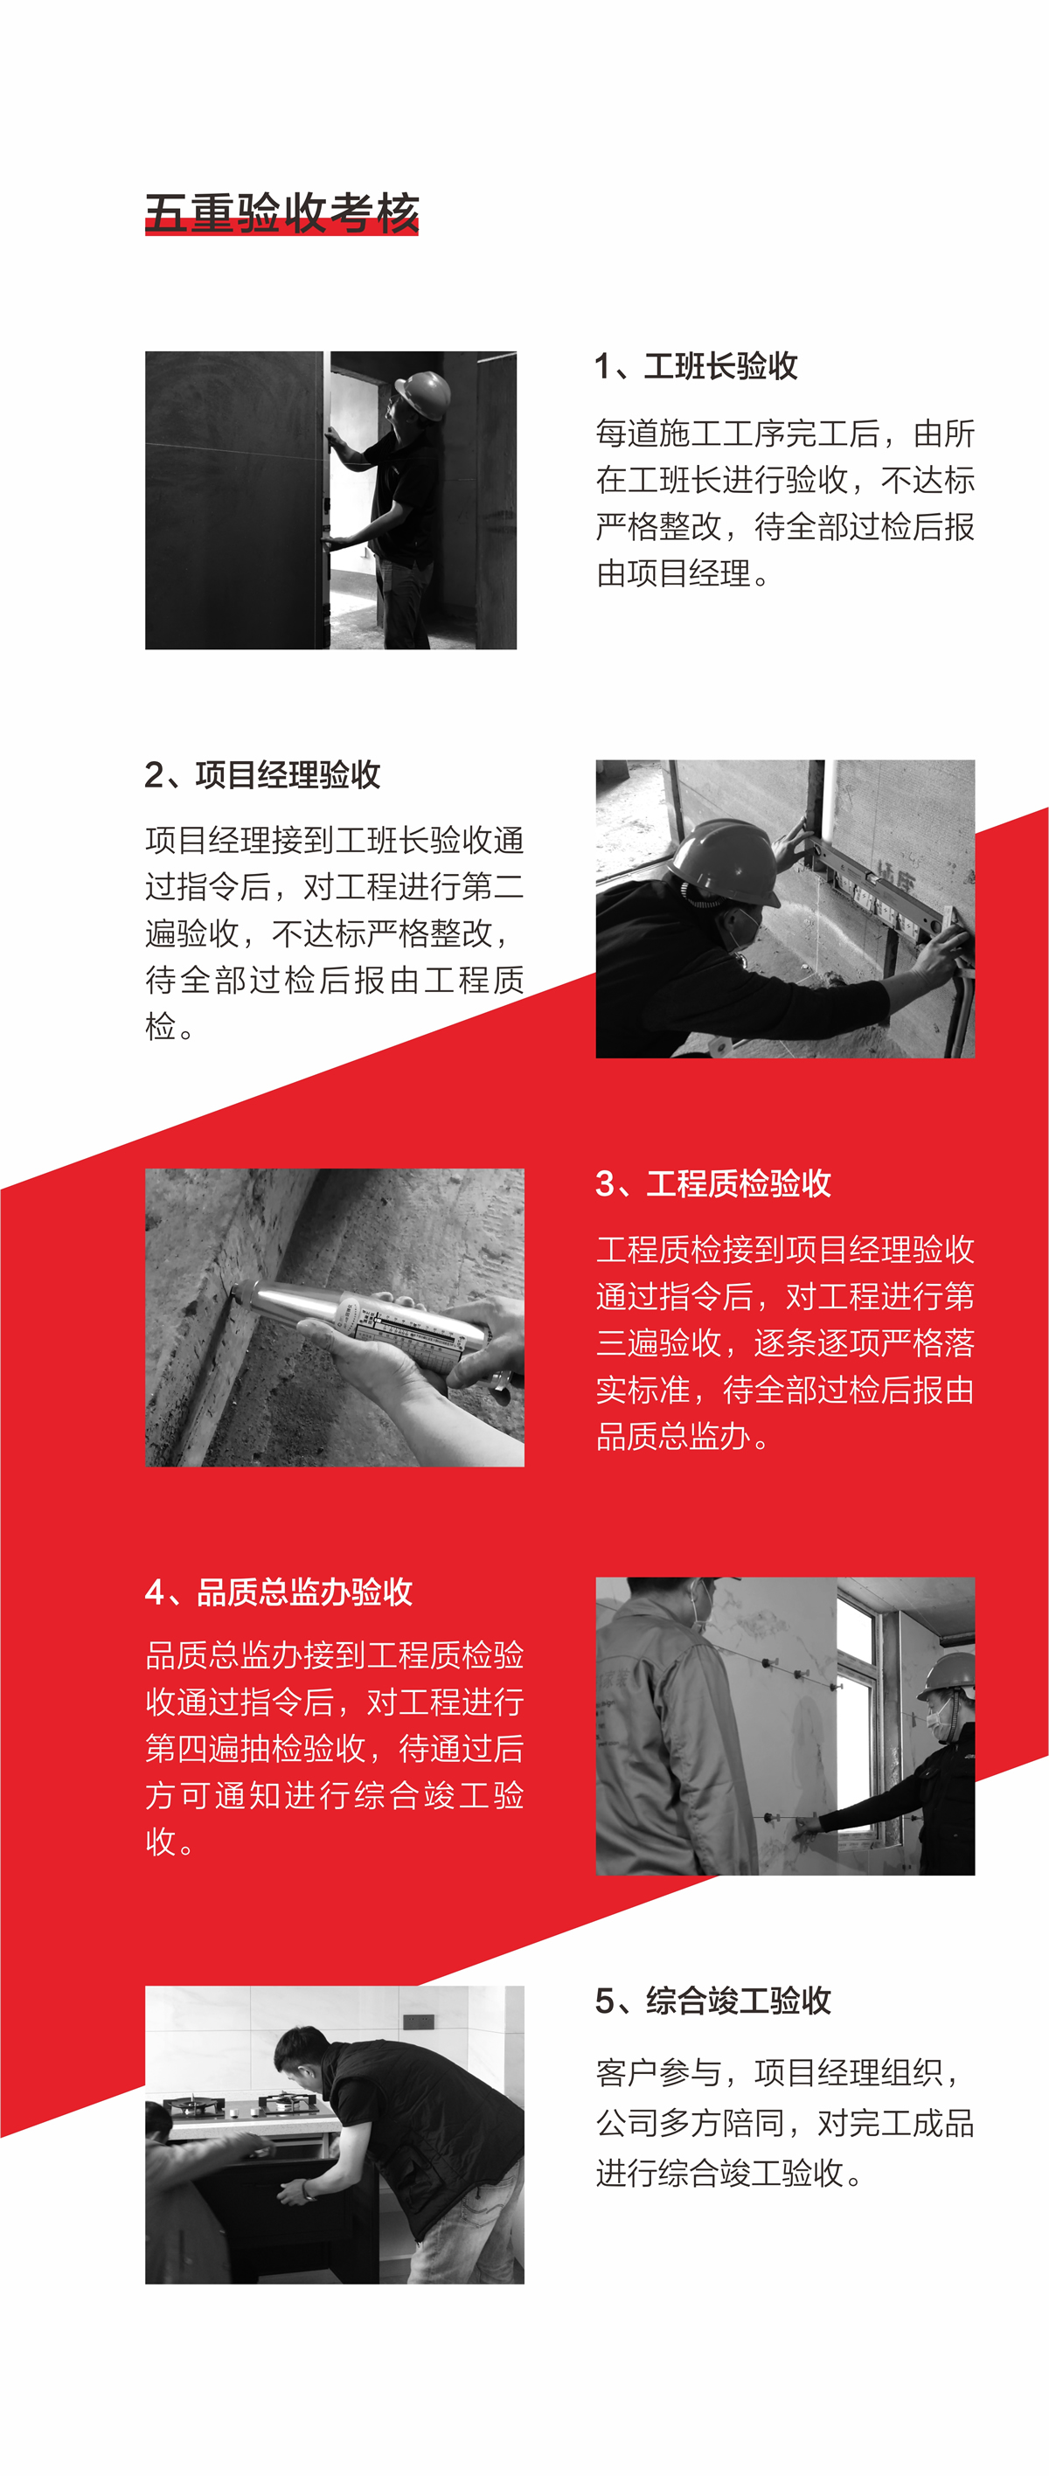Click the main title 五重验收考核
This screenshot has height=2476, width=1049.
click(281, 212)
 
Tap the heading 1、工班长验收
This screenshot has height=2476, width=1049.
click(696, 366)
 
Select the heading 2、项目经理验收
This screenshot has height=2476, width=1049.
click(262, 774)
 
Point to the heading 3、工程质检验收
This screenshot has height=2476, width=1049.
click(713, 1183)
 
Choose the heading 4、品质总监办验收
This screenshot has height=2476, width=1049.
click(279, 1592)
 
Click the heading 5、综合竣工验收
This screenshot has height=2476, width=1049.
click(713, 2001)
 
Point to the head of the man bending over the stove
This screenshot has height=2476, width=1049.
click(302, 2057)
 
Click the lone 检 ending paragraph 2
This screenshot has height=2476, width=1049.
click(161, 1027)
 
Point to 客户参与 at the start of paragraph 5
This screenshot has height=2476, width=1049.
click(657, 2072)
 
